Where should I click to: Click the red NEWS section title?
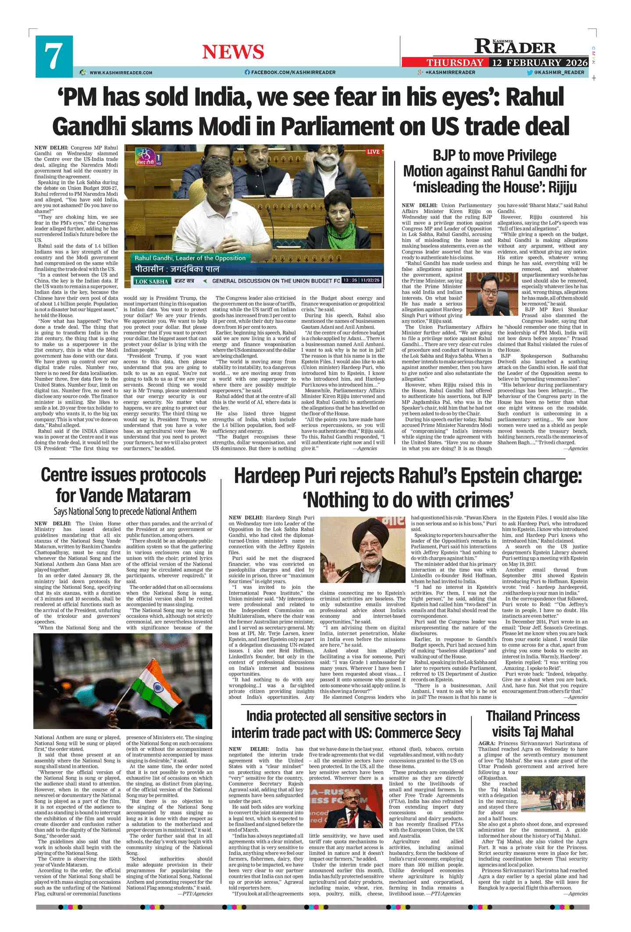[233, 52]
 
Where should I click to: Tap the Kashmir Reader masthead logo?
[516, 46]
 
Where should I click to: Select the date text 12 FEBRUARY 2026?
[540, 63]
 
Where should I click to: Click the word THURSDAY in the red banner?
[455, 63]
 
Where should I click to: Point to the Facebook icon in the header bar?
[247, 72]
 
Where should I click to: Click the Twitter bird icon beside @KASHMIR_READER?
[530, 72]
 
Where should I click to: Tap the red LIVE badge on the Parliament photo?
[373, 152]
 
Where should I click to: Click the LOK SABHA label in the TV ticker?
[151, 281]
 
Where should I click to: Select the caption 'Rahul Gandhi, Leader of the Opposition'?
[190, 258]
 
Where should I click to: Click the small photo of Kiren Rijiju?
[492, 294]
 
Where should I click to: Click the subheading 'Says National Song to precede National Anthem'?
[125, 511]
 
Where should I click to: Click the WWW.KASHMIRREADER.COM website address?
[121, 73]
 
